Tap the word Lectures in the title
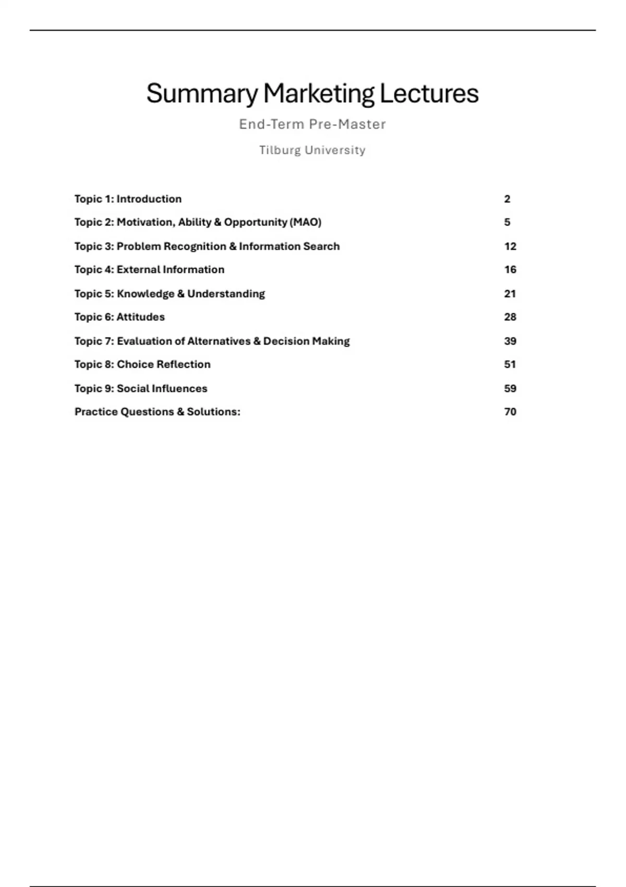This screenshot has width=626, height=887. (429, 94)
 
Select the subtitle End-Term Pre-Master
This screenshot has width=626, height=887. (312, 124)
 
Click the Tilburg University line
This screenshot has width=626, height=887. (312, 150)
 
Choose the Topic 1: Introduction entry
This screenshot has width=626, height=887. (128, 199)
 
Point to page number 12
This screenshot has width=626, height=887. (510, 246)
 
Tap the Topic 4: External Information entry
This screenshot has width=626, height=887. (149, 270)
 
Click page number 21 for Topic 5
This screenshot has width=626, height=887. (510, 294)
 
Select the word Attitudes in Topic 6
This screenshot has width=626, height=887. (140, 317)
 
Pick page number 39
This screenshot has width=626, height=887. (510, 341)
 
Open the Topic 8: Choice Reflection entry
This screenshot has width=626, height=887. (142, 365)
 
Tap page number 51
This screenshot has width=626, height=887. (510, 365)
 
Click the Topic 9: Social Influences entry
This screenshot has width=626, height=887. (141, 389)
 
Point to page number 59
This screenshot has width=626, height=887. (510, 389)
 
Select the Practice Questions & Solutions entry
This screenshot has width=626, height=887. (157, 412)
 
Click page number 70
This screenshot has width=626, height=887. (510, 412)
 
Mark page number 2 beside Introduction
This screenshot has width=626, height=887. (507, 199)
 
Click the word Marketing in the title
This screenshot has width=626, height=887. (318, 94)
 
